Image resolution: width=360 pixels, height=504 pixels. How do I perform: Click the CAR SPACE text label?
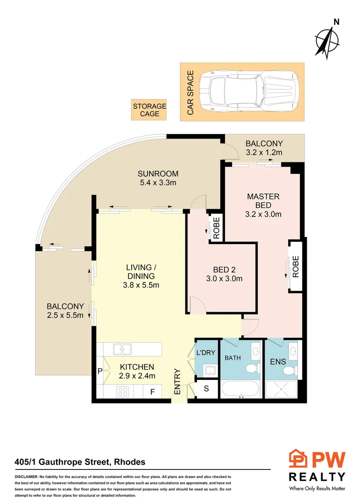point(191,92)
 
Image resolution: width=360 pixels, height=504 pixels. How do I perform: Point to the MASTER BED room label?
point(264,205)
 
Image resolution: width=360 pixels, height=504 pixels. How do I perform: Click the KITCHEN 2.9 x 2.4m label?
point(137,371)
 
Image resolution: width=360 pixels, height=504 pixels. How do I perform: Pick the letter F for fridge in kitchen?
point(152,392)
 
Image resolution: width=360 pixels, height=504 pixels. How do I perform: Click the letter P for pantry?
point(100,371)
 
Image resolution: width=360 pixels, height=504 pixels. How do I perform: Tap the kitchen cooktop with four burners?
point(122,392)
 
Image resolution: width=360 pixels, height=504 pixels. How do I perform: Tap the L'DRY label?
point(206,353)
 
